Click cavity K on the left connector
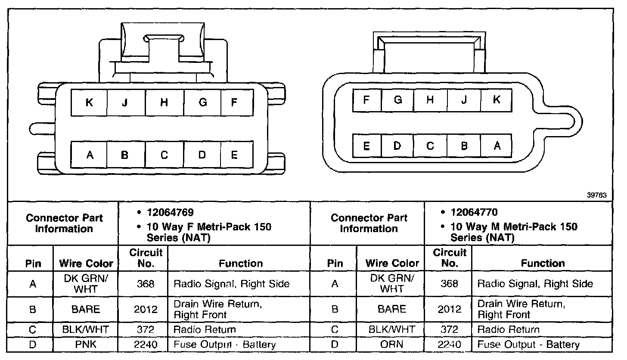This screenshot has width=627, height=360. pyautogui.click(x=89, y=102)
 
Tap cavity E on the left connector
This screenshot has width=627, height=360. pyautogui.click(x=235, y=155)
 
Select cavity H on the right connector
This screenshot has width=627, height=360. pyautogui.click(x=430, y=100)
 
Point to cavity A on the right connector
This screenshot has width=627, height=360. pyautogui.click(x=497, y=146)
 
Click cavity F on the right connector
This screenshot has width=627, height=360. pyautogui.click(x=366, y=100)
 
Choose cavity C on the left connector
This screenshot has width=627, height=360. pyautogui.click(x=164, y=155)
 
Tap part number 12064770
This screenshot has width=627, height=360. pyautogui.click(x=474, y=212)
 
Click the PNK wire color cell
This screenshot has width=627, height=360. pyautogui.click(x=86, y=344)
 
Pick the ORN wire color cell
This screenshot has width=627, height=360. pyautogui.click(x=392, y=344)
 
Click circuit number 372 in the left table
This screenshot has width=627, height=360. pyautogui.click(x=143, y=330)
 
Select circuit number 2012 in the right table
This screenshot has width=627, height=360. pyautogui.click(x=449, y=309)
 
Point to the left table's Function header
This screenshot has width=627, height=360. pyautogui.click(x=240, y=263)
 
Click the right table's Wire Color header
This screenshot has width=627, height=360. pyautogui.click(x=392, y=263)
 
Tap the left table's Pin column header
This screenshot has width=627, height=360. pyautogui.click(x=33, y=263)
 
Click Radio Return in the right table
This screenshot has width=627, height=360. pyautogui.click(x=508, y=330)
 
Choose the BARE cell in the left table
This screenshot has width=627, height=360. pyautogui.click(x=86, y=309)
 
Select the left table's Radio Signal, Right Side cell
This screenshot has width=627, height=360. pyautogui.click(x=231, y=284)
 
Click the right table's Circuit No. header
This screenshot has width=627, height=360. pyautogui.click(x=449, y=258)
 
